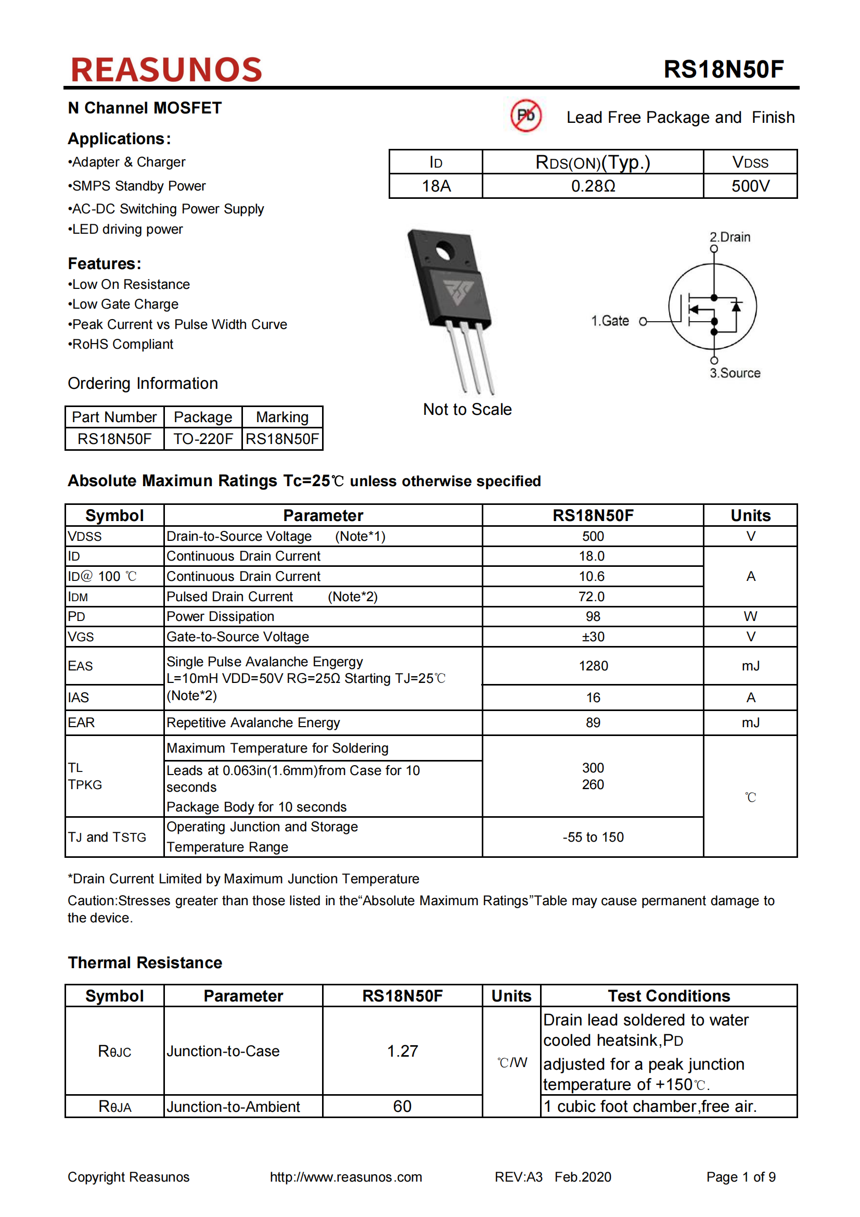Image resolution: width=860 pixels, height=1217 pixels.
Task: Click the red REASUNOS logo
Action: (x=166, y=70)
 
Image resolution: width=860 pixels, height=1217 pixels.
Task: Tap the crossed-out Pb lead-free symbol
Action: (x=525, y=115)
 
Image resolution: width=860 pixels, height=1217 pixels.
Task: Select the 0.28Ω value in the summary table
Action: (x=593, y=186)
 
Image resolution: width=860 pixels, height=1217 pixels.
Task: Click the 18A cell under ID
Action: (x=435, y=186)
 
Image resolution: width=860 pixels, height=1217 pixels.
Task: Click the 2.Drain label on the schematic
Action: (x=729, y=237)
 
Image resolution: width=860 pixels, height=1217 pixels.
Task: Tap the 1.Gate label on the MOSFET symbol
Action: (x=610, y=321)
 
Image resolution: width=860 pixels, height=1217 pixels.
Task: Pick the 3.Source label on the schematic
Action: (x=735, y=373)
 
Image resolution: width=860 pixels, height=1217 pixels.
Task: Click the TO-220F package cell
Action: (x=203, y=439)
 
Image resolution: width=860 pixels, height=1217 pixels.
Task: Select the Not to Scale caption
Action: (x=467, y=409)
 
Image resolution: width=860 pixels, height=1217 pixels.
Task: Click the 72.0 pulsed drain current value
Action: (x=592, y=597)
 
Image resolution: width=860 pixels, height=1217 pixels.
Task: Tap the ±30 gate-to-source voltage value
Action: (x=593, y=637)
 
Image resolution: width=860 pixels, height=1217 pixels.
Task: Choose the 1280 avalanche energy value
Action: (x=593, y=666)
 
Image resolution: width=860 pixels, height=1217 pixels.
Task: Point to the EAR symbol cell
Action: (x=82, y=722)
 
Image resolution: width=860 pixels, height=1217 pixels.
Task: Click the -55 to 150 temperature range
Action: (x=593, y=837)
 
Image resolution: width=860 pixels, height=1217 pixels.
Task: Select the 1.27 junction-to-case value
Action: (x=402, y=1050)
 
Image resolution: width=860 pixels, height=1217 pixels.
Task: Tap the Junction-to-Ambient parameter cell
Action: (x=233, y=1106)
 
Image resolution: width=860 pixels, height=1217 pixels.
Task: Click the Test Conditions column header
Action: (x=668, y=995)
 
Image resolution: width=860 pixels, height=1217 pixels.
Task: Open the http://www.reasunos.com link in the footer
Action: (x=345, y=1177)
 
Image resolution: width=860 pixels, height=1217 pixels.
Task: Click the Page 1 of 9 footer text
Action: (x=740, y=1177)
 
